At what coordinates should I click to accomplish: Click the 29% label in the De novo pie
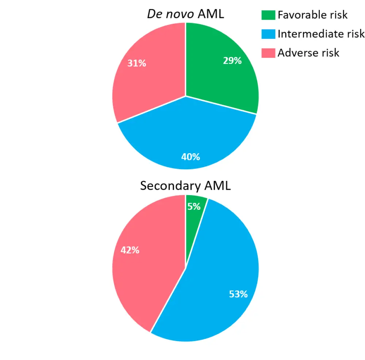233,61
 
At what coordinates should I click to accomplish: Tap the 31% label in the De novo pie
137,63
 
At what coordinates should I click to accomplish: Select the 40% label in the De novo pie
191,157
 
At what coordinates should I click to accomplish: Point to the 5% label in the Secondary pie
194,206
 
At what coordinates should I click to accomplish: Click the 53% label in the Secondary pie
238,294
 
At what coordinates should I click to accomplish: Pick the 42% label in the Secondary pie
130,250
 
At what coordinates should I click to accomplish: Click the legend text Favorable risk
312,15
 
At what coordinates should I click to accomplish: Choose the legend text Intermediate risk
321,34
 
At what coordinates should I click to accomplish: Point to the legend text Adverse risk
308,53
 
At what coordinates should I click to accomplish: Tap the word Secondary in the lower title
170,186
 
